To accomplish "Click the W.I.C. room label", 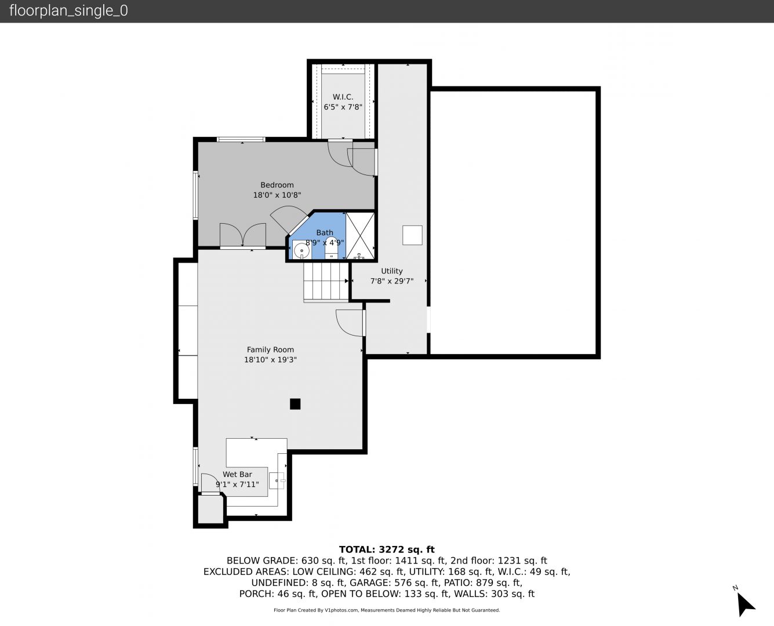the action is click(343, 97).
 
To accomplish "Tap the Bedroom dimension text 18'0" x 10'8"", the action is click(277, 195).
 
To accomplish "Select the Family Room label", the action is click(270, 350).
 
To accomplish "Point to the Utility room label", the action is click(392, 271).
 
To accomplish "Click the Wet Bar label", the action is click(237, 474).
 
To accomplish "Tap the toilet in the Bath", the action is click(331, 248).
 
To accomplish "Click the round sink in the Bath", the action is click(301, 251).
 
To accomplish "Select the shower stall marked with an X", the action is click(360, 236).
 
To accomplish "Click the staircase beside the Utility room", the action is click(326, 282).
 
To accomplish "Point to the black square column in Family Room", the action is click(295, 403).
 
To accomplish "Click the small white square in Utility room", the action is click(412, 235).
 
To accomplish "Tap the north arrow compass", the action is click(744, 603).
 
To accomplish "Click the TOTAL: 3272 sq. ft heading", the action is click(387, 549).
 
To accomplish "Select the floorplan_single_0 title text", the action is click(68, 11).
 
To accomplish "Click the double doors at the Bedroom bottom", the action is click(243, 235).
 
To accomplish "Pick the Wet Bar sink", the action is click(277, 481).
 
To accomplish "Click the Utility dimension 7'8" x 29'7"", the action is click(392, 281).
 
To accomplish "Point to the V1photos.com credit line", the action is click(387, 610).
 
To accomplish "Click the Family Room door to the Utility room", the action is click(350, 323).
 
